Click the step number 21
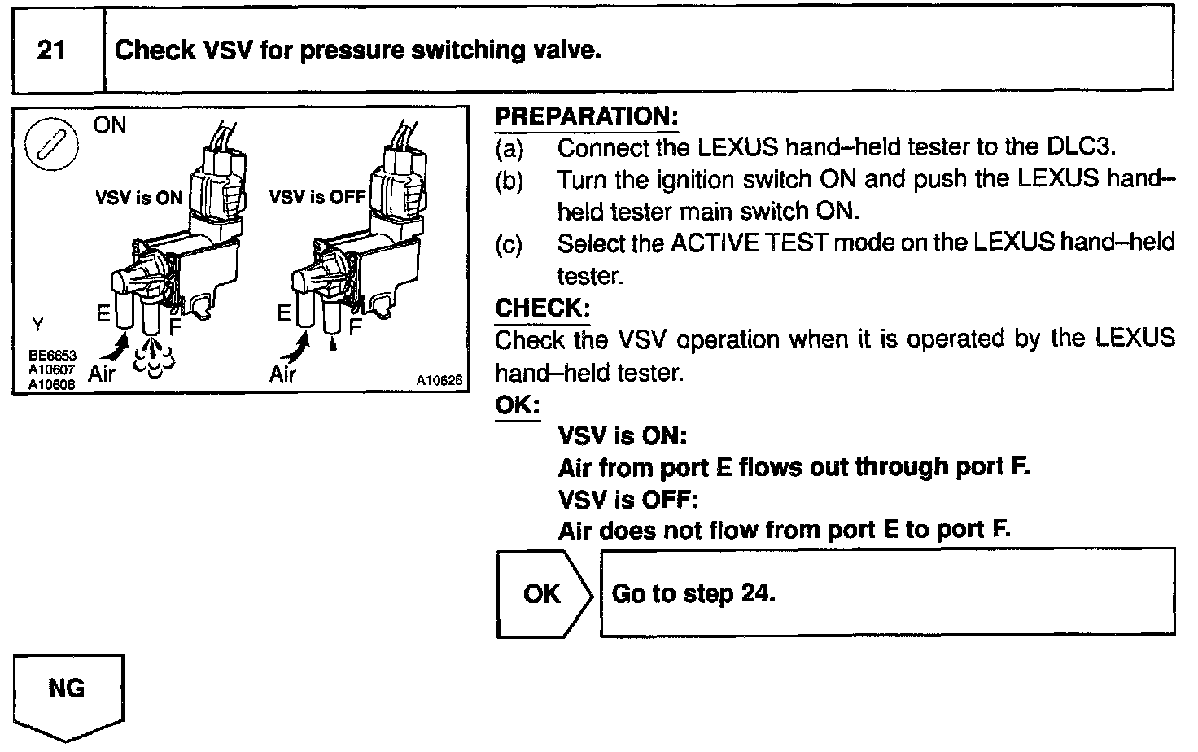click(51, 50)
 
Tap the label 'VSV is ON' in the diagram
click(138, 199)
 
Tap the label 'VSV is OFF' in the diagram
click(317, 198)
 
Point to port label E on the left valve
click(103, 313)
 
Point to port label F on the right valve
click(355, 327)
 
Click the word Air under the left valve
click(102, 374)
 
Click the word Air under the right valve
click(282, 374)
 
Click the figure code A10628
click(439, 380)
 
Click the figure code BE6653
click(52, 356)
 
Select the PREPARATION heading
click(586, 116)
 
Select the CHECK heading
click(541, 308)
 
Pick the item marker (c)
click(509, 243)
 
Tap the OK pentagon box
click(543, 593)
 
